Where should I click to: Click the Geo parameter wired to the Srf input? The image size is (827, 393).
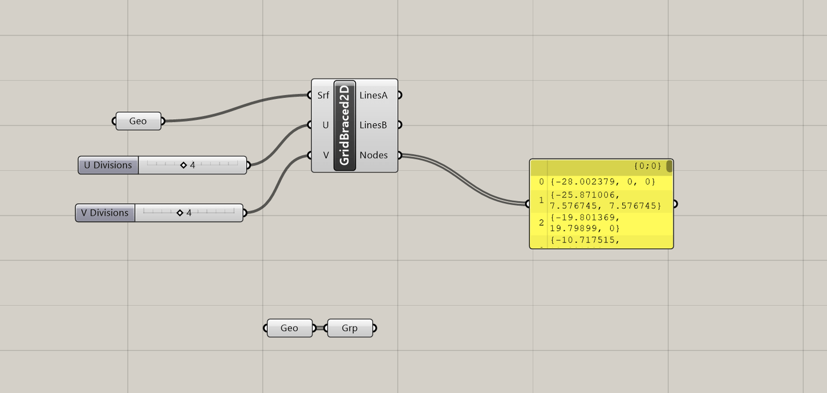click(x=138, y=121)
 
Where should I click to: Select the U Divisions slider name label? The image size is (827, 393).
click(x=108, y=165)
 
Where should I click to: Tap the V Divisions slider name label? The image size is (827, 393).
click(x=105, y=213)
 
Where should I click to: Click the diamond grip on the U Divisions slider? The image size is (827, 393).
click(x=184, y=165)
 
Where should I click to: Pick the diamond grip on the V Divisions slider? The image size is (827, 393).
click(x=180, y=213)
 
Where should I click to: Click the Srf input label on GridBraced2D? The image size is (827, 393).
click(x=323, y=95)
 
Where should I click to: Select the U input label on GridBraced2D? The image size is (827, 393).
click(x=325, y=125)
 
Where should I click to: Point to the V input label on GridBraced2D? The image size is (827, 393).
click(x=326, y=155)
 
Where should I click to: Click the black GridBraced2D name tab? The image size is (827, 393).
click(x=344, y=125)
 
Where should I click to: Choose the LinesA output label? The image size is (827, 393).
click(x=374, y=95)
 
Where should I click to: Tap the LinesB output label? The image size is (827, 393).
click(x=374, y=125)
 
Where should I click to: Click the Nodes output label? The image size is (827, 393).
click(x=374, y=155)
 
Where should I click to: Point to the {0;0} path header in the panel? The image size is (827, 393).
click(x=647, y=167)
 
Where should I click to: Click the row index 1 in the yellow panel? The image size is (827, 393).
click(x=541, y=201)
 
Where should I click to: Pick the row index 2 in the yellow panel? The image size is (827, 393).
click(x=541, y=222)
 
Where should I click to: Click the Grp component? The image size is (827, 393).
click(x=350, y=328)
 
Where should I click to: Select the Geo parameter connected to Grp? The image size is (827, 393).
click(x=289, y=328)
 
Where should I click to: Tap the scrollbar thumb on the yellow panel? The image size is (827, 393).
click(x=669, y=167)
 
